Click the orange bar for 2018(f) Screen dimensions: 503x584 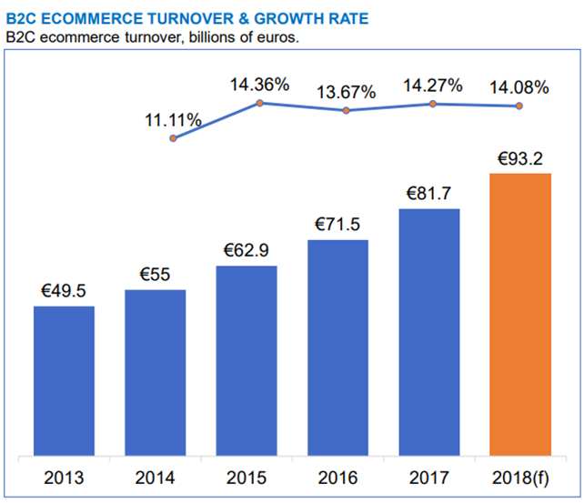click(x=520, y=314)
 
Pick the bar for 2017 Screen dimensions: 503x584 click(x=428, y=332)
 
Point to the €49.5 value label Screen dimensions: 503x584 click(x=64, y=291)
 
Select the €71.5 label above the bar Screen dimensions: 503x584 click(x=337, y=225)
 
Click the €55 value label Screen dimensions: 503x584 click(x=155, y=275)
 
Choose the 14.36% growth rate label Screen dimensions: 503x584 click(x=259, y=85)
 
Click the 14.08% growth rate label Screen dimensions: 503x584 click(x=519, y=87)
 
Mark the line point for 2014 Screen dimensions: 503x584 click(x=173, y=138)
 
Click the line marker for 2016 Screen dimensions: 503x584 click(x=347, y=110)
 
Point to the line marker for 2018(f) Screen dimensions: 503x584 click(x=519, y=106)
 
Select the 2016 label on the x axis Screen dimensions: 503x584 click(x=337, y=477)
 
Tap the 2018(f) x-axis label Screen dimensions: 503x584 click(x=520, y=477)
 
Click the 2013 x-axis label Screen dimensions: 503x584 click(x=64, y=477)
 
